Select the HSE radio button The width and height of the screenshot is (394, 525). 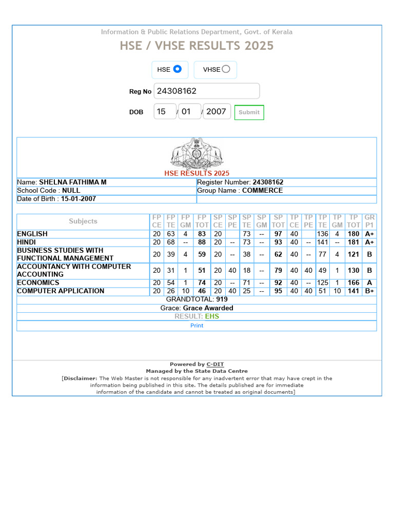(177, 69)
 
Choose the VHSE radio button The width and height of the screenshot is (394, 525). (226, 69)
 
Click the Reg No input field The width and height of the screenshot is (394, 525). (207, 91)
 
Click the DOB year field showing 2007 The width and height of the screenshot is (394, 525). (216, 111)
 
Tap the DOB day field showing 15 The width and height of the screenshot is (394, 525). (164, 111)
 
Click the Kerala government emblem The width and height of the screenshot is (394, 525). (196, 153)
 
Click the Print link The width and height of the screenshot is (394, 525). (196, 326)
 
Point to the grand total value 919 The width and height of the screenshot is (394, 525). (222, 299)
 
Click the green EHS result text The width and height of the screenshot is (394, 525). (211, 316)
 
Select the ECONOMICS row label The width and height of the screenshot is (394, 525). (38, 282)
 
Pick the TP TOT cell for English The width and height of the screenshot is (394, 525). (353, 234)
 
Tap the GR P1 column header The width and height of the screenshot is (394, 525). (369, 221)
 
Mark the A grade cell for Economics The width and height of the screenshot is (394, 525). (369, 283)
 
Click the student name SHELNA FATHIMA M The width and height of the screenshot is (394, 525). (73, 183)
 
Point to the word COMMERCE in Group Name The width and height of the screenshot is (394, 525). (262, 191)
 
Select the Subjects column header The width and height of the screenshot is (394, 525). (83, 221)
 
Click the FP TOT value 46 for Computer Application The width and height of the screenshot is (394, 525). (202, 291)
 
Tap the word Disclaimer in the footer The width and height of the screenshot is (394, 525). (80, 378)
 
